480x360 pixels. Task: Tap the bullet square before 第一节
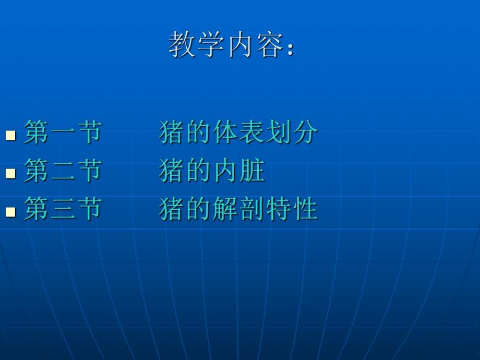[x=10, y=135]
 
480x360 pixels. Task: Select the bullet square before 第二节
[x=10, y=173]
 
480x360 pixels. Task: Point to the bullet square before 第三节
[x=10, y=211]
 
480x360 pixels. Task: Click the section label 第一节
[x=63, y=132]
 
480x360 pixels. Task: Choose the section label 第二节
[x=63, y=171]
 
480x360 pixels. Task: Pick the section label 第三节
[x=63, y=209]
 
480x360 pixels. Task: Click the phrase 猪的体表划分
[x=238, y=132]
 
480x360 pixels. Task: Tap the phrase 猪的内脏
[x=212, y=171]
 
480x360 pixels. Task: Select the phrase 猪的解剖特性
[x=238, y=209]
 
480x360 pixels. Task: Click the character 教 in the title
[x=182, y=44]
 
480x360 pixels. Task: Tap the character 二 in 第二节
[x=63, y=171]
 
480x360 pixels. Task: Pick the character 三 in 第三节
[x=63, y=209]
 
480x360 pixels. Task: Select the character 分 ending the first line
[x=304, y=132]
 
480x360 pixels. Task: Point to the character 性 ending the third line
[x=304, y=209]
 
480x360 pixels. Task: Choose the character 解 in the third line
[x=225, y=209]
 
